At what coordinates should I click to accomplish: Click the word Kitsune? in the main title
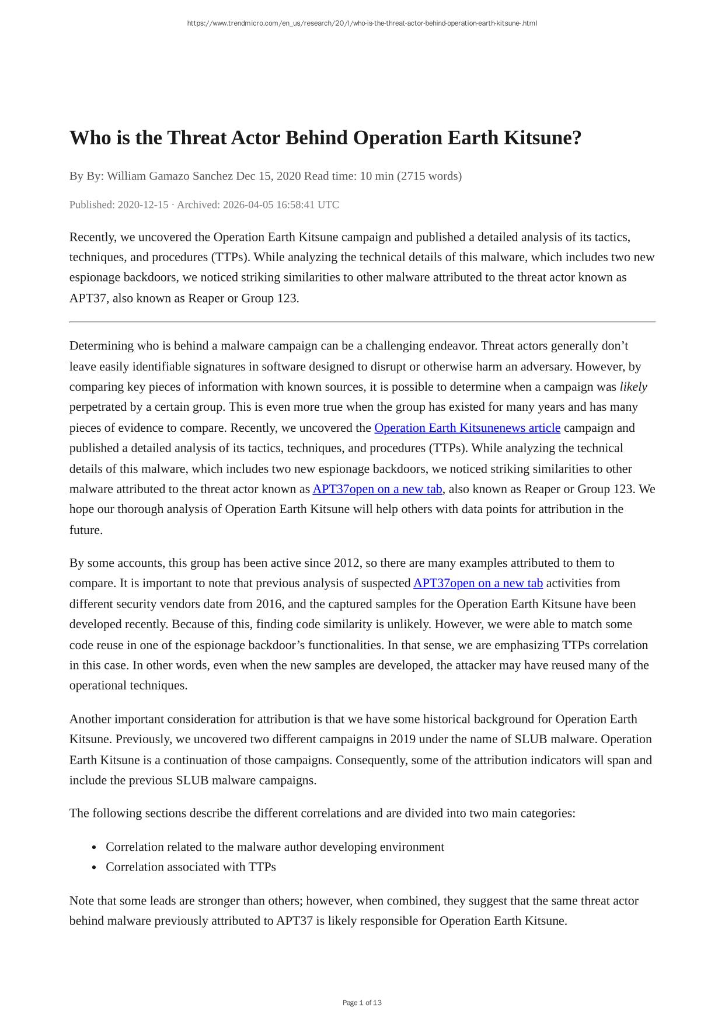click(543, 138)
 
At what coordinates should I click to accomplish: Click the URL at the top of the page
click(362, 23)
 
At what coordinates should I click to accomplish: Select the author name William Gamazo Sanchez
click(170, 176)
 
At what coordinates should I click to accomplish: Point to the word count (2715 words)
click(429, 176)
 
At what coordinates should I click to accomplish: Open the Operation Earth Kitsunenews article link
click(467, 428)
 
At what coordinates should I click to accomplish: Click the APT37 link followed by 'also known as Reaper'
click(377, 489)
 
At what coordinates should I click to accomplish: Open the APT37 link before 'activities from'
click(477, 583)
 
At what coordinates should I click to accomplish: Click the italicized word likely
click(633, 387)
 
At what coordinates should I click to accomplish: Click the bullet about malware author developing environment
click(274, 847)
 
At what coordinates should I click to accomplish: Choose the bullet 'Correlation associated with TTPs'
click(190, 866)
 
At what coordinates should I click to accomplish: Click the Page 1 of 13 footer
click(362, 1003)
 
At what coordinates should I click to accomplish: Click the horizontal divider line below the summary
click(362, 322)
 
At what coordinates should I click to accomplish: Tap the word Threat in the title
click(197, 138)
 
